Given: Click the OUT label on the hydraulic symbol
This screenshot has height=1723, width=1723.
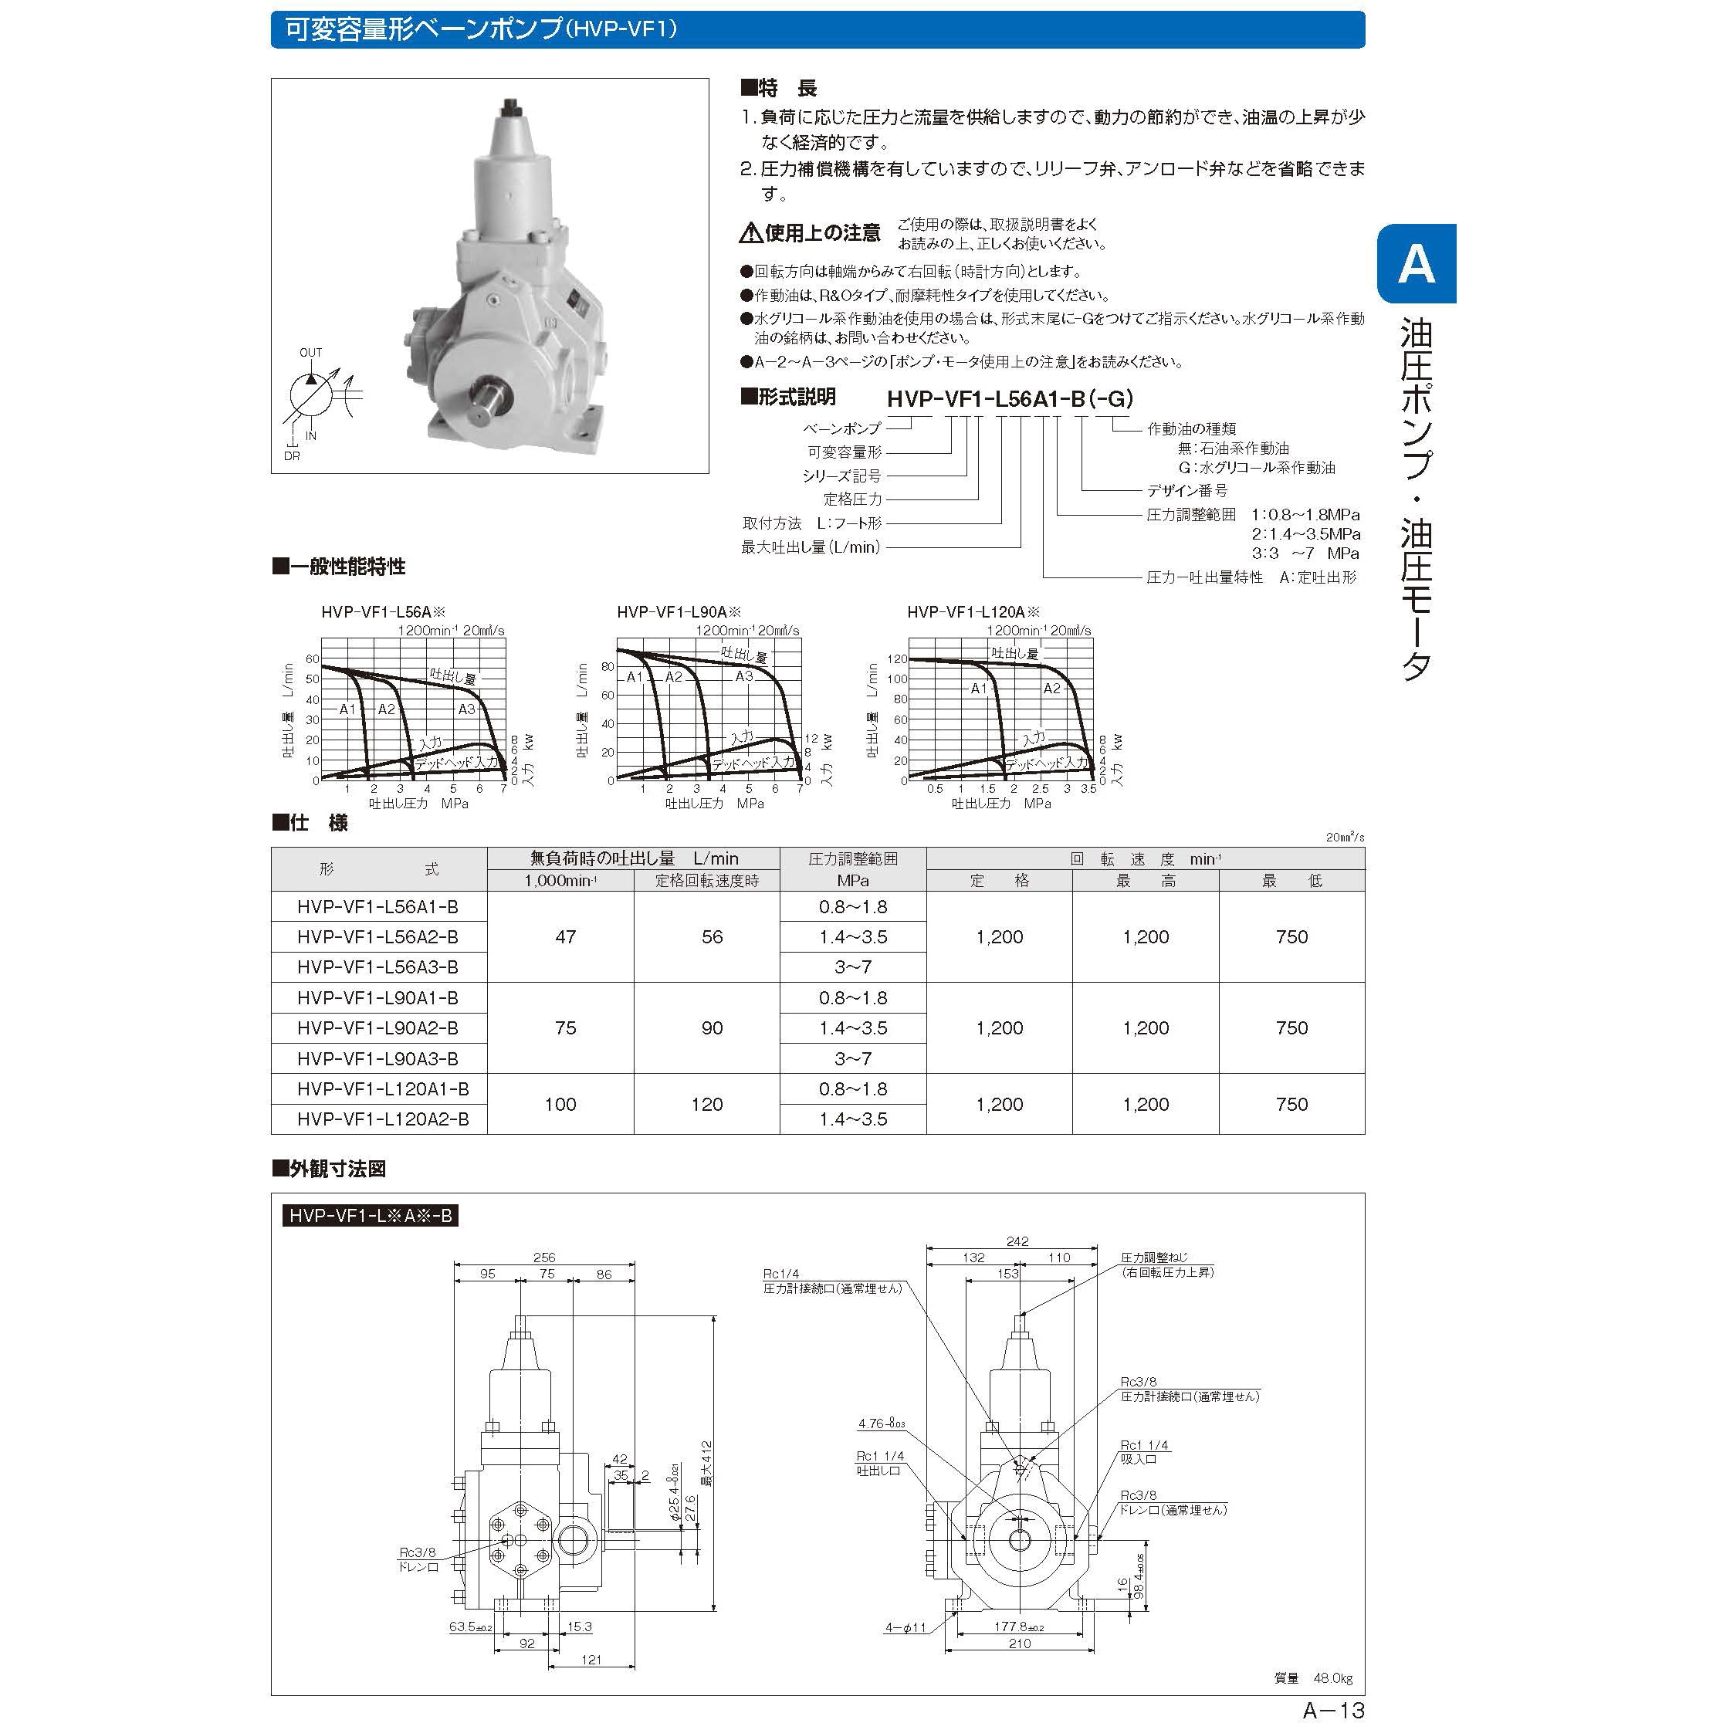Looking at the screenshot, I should click(310, 352).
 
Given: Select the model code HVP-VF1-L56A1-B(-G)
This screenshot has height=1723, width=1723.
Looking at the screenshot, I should click(1010, 398).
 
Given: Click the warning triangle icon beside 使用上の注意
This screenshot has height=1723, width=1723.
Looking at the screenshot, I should click(750, 235).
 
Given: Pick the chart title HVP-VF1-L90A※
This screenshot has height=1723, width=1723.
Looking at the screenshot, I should click(678, 612).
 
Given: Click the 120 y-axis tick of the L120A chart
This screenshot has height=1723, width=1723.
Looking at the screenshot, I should click(897, 660).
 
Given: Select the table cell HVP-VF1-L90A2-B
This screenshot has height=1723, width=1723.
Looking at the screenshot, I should click(378, 1027).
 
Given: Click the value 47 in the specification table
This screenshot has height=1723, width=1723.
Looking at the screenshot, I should click(565, 936).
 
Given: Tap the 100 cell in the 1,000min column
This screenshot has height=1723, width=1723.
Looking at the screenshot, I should click(560, 1104).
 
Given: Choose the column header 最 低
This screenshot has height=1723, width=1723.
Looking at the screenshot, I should click(1291, 880).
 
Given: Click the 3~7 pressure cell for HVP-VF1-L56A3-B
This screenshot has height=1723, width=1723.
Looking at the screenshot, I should click(852, 966).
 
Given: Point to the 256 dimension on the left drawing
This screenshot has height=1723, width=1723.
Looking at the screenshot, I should click(544, 1258).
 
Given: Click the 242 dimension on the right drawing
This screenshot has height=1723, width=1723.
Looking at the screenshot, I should click(1017, 1241).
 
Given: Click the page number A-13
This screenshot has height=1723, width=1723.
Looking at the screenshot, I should click(1333, 1710).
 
